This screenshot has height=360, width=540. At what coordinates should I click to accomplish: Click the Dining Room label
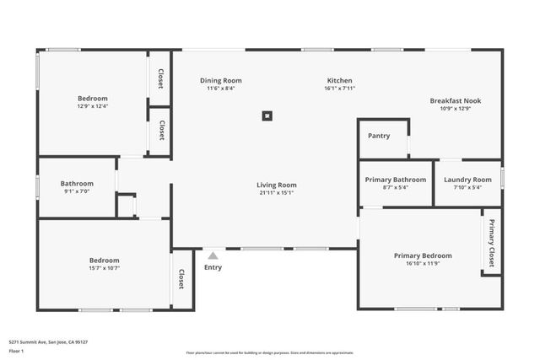click(x=221, y=81)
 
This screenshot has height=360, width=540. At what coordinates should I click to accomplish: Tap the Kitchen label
click(x=340, y=81)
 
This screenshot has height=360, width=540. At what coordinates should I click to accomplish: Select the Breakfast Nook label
click(x=455, y=101)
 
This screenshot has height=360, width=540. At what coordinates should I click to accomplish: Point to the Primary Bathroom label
click(x=395, y=180)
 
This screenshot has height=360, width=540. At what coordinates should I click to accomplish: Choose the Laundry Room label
click(x=467, y=180)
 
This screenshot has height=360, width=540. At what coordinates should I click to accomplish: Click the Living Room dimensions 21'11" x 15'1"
click(x=277, y=192)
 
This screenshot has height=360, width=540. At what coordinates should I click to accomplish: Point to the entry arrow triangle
click(x=213, y=255)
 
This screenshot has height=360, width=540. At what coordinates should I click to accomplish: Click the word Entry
click(x=213, y=268)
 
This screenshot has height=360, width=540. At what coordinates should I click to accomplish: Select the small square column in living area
click(x=267, y=116)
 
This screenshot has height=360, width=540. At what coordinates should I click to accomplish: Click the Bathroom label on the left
click(x=77, y=184)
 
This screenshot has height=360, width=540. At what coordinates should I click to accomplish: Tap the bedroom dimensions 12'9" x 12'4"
click(x=93, y=106)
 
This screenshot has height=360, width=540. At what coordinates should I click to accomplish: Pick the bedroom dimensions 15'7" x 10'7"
click(x=105, y=268)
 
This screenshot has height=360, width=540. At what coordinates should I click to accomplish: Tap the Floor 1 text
click(x=16, y=350)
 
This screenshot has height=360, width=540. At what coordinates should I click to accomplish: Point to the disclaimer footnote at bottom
click(x=269, y=352)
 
